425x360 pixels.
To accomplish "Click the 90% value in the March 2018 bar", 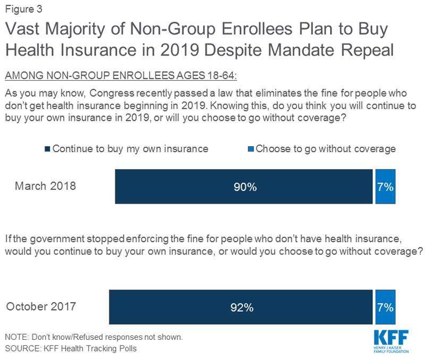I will click(x=244, y=187).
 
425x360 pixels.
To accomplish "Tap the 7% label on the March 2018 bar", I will click(x=385, y=187).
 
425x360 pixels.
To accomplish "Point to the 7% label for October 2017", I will click(x=385, y=307).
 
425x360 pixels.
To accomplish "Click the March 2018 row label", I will click(x=45, y=186).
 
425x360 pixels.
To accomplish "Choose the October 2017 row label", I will click(x=41, y=306).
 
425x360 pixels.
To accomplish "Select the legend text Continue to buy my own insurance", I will click(x=130, y=149).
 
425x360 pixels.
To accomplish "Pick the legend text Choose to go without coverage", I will click(x=326, y=149).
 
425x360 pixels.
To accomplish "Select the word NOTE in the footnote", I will click(x=15, y=337).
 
